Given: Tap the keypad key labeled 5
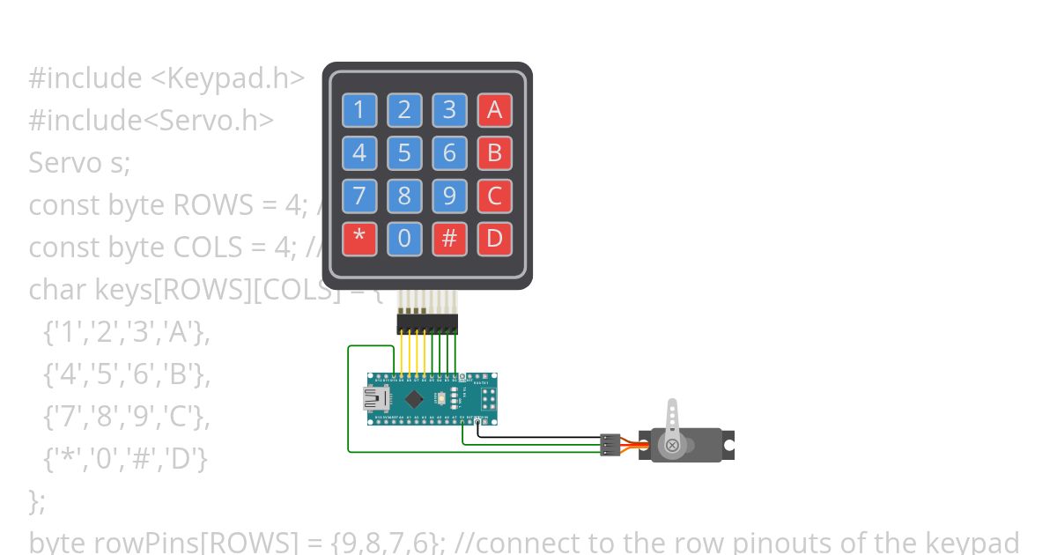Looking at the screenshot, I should (x=404, y=153).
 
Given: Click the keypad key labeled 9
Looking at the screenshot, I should (x=449, y=196).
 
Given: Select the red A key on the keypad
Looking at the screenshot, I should (x=494, y=110).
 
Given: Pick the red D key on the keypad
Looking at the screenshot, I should (x=494, y=239).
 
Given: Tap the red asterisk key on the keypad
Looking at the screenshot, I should (x=358, y=239).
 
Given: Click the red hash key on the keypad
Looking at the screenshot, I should (x=449, y=239).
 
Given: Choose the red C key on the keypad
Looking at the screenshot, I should (x=494, y=196).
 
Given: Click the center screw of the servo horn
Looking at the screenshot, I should (x=673, y=445).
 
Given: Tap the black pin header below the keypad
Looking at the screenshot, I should (x=426, y=324).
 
